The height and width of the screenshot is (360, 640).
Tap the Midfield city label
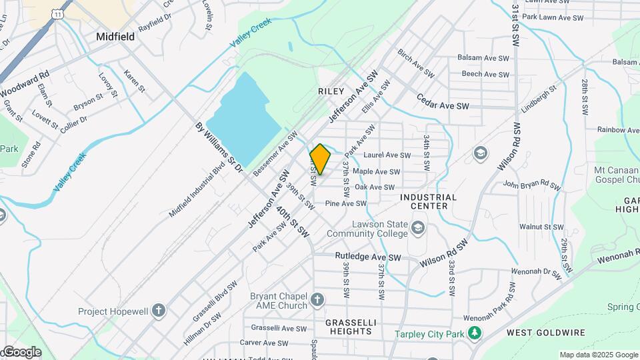(x=115, y=37)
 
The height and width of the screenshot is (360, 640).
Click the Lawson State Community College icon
(x=418, y=229)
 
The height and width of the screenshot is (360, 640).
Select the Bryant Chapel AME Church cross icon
(x=317, y=299)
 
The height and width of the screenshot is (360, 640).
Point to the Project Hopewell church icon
(x=158, y=311)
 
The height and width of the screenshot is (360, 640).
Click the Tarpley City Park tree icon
(x=474, y=332)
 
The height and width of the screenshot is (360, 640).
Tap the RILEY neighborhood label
(x=331, y=91)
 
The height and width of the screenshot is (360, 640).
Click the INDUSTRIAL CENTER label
(x=428, y=201)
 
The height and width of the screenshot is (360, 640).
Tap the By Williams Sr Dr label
(x=219, y=147)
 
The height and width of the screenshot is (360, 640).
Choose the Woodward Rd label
(x=25, y=83)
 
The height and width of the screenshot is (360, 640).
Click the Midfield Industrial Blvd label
(x=197, y=191)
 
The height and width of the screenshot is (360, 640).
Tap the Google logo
(x=21, y=352)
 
